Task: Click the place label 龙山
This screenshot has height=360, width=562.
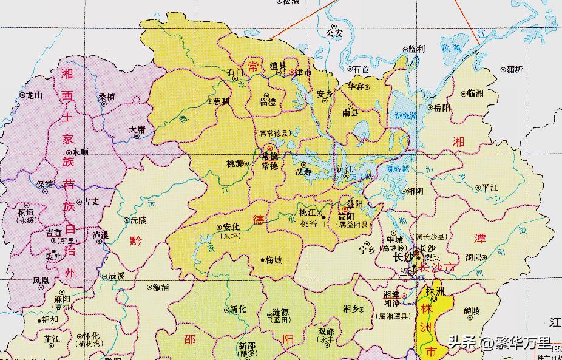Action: (32, 95)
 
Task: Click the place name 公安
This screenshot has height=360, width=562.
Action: (334, 33)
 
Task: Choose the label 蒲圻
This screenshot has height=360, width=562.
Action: (515, 69)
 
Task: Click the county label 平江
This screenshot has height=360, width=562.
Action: (489, 188)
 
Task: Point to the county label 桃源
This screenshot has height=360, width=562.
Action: (235, 164)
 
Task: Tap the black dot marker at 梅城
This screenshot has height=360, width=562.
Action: (263, 260)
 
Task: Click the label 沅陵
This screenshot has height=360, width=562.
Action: (138, 221)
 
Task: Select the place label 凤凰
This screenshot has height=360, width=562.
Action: (41, 280)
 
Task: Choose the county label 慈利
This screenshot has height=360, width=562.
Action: (222, 101)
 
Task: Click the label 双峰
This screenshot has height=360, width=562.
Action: (327, 331)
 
